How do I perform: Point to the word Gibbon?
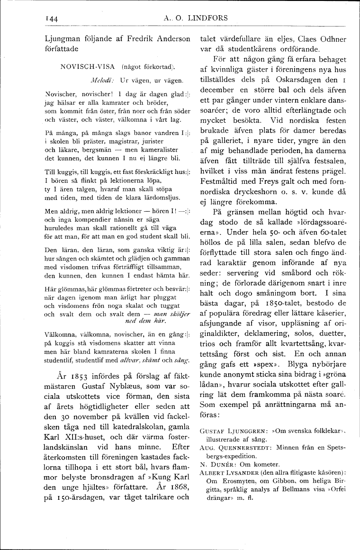[x=271, y=481]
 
